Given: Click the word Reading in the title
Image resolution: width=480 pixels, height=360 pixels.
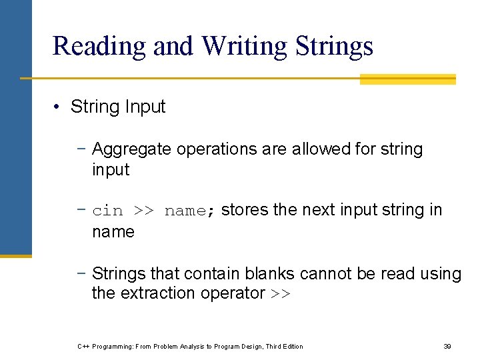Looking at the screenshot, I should pos(99,46).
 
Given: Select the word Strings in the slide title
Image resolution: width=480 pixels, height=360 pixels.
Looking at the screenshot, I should pos(333,46).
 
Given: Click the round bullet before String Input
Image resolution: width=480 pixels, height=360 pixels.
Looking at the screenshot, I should pos(59,107).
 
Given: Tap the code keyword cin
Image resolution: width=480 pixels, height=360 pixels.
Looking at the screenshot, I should pos(108,211).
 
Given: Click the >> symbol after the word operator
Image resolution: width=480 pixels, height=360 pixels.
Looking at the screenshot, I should pos(281,294).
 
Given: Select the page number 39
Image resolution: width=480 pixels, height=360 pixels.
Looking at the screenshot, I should pos(447,346).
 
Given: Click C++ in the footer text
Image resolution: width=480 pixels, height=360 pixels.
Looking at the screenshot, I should pos(84,346).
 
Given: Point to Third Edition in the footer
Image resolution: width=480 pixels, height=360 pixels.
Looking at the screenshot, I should pos(284,346).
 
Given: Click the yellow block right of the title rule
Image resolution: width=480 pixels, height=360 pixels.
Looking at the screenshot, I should pos(407,79).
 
